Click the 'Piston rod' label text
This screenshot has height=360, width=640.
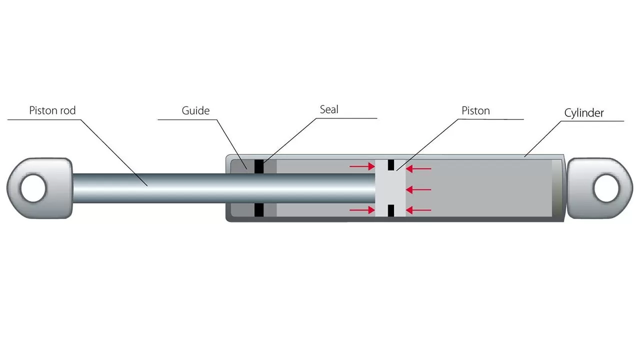point(52,110)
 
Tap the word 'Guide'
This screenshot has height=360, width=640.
point(195,110)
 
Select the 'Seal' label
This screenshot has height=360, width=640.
point(329,109)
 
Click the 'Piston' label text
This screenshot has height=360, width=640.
point(475,110)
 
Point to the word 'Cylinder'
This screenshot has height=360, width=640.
point(584,113)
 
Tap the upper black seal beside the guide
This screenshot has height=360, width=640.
point(258,166)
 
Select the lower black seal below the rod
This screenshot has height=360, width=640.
point(258,210)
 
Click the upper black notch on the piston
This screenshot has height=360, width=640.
point(391,165)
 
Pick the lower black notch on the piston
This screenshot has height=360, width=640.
point(391,210)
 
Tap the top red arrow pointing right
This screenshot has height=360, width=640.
point(362,166)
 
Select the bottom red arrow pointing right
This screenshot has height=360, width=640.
point(362,210)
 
